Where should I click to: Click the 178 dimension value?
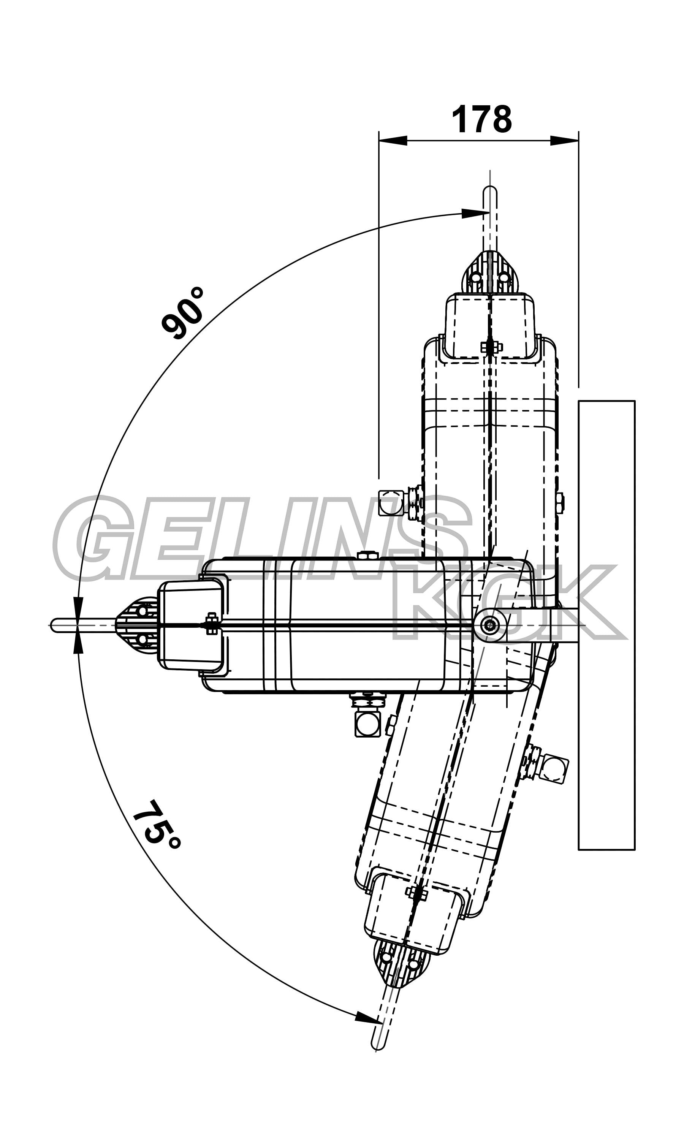pos(482,119)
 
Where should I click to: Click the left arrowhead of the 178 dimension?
pos(393,140)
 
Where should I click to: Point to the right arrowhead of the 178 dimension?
pos(565,140)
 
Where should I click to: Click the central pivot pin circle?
pos(489,625)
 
